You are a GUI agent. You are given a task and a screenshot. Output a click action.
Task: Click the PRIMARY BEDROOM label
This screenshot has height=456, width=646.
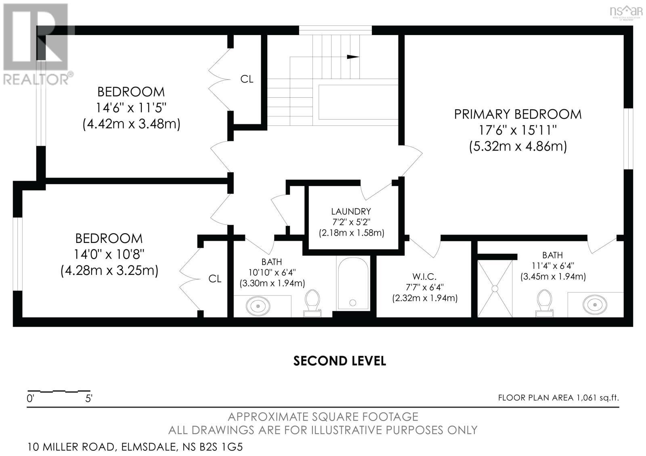coord(518,114)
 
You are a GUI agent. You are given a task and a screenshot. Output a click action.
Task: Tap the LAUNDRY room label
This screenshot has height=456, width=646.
coord(350,211)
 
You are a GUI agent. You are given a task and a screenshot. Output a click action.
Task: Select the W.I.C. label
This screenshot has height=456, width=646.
coord(424,276)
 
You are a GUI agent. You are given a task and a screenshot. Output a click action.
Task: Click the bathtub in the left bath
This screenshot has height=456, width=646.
coord(353,284)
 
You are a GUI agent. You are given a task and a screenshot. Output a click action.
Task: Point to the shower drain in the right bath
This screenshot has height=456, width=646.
coord(495,288)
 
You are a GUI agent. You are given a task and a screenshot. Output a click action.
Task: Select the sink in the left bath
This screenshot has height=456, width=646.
coord(258,306)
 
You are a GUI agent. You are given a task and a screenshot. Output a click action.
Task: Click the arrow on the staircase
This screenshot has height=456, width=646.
coord(353,57)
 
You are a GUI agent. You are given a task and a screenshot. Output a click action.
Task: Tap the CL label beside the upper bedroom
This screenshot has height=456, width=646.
coord(247,79)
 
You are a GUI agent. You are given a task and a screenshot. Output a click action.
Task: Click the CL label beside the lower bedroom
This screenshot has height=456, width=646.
coord(215,279)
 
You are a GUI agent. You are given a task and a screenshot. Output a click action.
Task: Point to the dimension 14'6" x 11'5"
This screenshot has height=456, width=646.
coord(131,108)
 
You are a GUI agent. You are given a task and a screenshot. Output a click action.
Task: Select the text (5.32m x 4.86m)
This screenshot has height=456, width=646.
coord(518,146)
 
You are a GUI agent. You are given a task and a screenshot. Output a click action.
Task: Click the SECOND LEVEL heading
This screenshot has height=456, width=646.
coord(339,360)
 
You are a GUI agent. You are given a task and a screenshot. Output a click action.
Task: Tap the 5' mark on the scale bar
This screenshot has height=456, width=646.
coord(89,399)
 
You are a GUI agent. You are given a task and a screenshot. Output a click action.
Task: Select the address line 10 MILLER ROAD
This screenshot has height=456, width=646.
coord(135,447)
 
